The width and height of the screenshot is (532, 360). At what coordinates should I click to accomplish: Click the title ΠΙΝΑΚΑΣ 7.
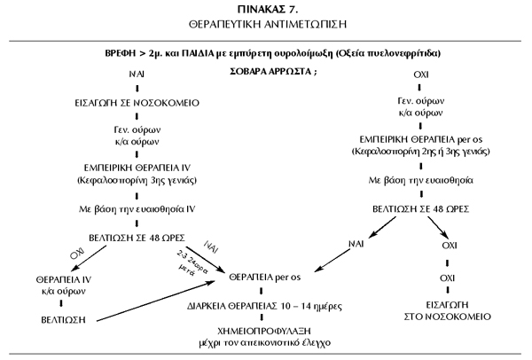click(x=265, y=8)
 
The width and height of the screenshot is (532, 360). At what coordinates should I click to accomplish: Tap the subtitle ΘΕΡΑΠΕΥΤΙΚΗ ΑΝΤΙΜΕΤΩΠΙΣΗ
click(x=265, y=24)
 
